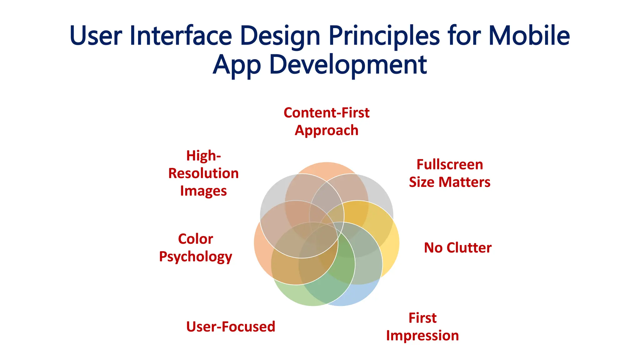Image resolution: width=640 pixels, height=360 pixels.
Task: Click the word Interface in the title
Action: click(x=180, y=36)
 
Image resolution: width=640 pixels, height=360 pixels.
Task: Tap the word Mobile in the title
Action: click(x=529, y=36)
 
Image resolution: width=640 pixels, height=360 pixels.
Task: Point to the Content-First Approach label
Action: click(x=327, y=121)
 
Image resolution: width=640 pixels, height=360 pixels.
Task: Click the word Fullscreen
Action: click(x=450, y=164)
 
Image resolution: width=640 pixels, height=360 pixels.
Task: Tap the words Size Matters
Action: click(x=450, y=182)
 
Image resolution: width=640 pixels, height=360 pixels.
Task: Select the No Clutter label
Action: click(x=457, y=248)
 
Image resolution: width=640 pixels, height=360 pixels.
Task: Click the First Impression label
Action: click(x=422, y=327)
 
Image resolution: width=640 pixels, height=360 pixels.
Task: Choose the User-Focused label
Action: click(x=231, y=327)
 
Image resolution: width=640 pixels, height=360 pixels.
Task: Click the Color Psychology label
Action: click(x=196, y=247)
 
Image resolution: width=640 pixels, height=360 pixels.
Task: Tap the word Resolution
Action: click(x=203, y=173)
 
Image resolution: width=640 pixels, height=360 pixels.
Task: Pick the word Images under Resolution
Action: click(x=203, y=191)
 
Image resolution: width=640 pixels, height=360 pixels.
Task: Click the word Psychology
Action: click(x=196, y=257)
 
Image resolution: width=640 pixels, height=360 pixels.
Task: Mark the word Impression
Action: click(x=422, y=336)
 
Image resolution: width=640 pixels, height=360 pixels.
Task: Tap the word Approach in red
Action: click(x=327, y=130)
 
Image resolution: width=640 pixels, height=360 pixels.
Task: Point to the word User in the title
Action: click(x=96, y=36)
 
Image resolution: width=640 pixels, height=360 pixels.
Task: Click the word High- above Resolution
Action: click(x=203, y=156)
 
